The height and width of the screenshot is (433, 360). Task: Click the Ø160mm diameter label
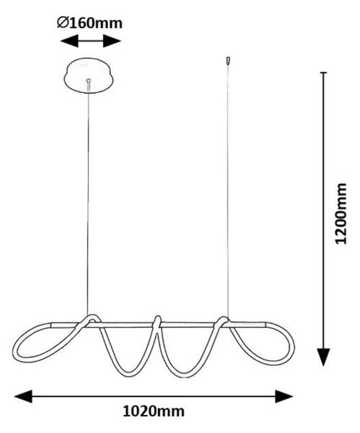(89, 23)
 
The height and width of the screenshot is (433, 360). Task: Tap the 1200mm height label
(340, 213)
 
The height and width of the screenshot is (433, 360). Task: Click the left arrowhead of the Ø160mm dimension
(69, 41)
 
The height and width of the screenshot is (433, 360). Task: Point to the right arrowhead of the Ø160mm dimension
(112, 41)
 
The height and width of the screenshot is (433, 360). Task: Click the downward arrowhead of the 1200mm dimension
(323, 357)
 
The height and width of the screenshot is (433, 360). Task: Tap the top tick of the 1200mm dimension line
(323, 73)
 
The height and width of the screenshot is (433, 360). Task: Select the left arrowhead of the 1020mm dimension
(24, 396)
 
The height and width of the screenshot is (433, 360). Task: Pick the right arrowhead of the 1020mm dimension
(284, 396)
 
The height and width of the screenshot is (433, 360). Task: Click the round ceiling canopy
(89, 75)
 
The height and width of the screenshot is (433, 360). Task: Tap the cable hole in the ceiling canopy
(88, 81)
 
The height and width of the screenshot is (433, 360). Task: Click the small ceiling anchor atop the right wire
(228, 61)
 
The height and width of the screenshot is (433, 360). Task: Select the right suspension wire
(228, 191)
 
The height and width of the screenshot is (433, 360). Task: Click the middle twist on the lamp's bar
(157, 323)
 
